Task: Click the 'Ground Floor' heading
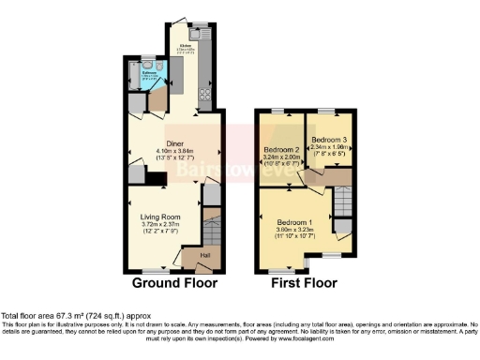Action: coord(174,282)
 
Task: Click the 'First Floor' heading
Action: coord(304,282)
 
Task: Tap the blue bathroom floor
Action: coord(149,80)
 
